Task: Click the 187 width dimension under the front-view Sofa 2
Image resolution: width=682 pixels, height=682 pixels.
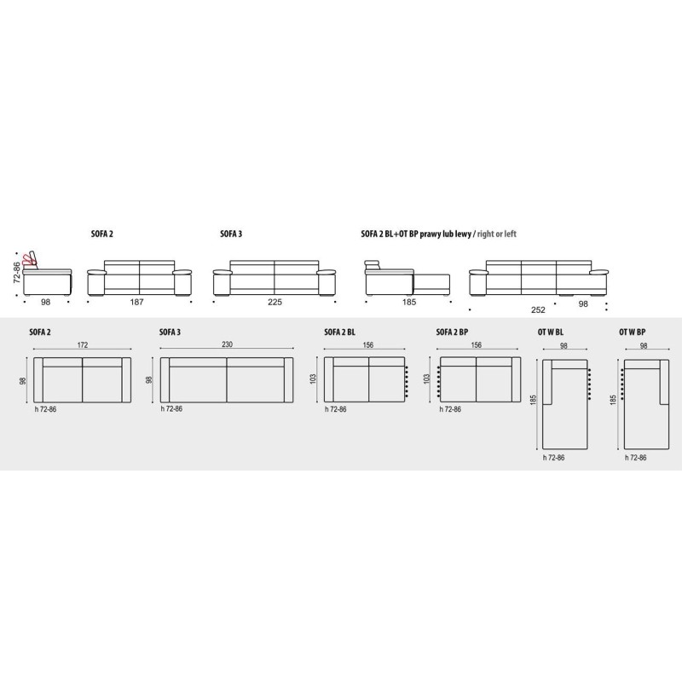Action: coord(136,302)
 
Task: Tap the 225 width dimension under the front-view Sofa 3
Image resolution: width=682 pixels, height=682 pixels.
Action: coord(275,302)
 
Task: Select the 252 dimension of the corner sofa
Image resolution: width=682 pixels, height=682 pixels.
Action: coord(538,309)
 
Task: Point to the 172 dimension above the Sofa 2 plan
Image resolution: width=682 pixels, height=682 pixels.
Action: coord(83,345)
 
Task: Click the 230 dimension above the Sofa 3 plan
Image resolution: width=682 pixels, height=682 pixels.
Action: coord(227,344)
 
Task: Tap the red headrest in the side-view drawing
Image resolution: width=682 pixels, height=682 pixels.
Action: coord(32,260)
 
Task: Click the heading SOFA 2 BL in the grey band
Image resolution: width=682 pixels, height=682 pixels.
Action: coord(339,332)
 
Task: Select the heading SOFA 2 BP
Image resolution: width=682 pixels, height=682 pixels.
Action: coord(452,332)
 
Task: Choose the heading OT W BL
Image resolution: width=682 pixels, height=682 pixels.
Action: coord(550,332)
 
